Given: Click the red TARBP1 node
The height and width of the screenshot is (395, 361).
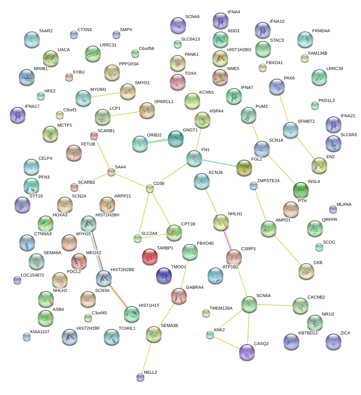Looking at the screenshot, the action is (x=150, y=257).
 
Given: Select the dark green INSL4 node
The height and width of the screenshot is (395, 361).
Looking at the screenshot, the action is (x=300, y=190).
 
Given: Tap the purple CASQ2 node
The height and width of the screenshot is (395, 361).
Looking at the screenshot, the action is (x=247, y=352).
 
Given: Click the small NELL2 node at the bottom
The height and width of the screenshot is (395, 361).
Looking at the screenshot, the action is (x=140, y=377).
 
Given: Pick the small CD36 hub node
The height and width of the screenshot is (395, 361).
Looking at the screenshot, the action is (x=150, y=188).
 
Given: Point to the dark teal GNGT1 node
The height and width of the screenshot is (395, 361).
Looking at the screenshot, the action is (x=176, y=138).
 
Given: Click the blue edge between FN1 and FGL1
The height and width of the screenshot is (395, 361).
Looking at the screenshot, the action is (x=219, y=163).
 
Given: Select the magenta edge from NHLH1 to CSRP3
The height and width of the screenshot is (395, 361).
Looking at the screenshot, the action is (x=228, y=240).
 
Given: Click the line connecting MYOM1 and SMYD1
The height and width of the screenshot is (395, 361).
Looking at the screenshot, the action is (x=105, y=95).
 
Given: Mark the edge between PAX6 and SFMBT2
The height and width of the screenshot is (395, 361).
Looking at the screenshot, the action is (x=284, y=108).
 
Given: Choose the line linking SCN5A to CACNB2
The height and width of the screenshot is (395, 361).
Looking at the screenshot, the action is (x=275, y=305).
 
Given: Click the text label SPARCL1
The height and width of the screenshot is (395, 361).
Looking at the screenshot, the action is (x=164, y=102).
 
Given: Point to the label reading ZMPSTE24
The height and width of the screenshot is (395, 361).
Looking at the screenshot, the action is (x=268, y=181).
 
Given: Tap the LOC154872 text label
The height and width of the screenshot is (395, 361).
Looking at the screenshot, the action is (x=33, y=275).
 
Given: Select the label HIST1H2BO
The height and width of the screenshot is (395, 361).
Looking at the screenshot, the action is (x=239, y=50).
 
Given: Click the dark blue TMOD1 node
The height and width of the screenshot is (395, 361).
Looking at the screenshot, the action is (x=164, y=275).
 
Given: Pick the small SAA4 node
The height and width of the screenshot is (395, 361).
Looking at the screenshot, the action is (x=111, y=172).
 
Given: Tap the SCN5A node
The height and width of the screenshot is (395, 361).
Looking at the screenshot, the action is (x=249, y=304).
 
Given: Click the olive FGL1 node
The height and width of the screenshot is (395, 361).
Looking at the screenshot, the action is (x=244, y=168).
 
